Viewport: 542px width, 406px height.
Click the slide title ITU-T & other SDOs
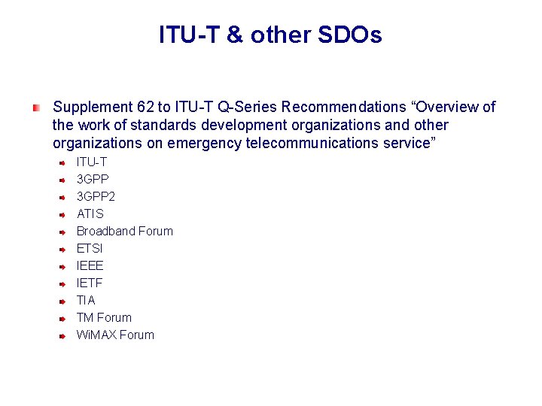click(x=270, y=35)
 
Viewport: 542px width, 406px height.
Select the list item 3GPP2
click(x=96, y=196)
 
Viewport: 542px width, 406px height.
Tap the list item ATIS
click(x=90, y=214)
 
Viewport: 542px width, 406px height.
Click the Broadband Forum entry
click(x=124, y=231)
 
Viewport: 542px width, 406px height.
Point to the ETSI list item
click(x=90, y=248)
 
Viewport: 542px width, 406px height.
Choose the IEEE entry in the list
click(x=90, y=265)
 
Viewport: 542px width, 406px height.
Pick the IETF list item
click(x=90, y=283)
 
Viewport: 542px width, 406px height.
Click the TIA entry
click(x=86, y=300)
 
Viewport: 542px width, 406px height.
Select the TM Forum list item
click(x=104, y=317)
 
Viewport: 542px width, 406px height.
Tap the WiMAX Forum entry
click(x=115, y=335)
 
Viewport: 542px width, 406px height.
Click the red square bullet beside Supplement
click(x=35, y=108)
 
